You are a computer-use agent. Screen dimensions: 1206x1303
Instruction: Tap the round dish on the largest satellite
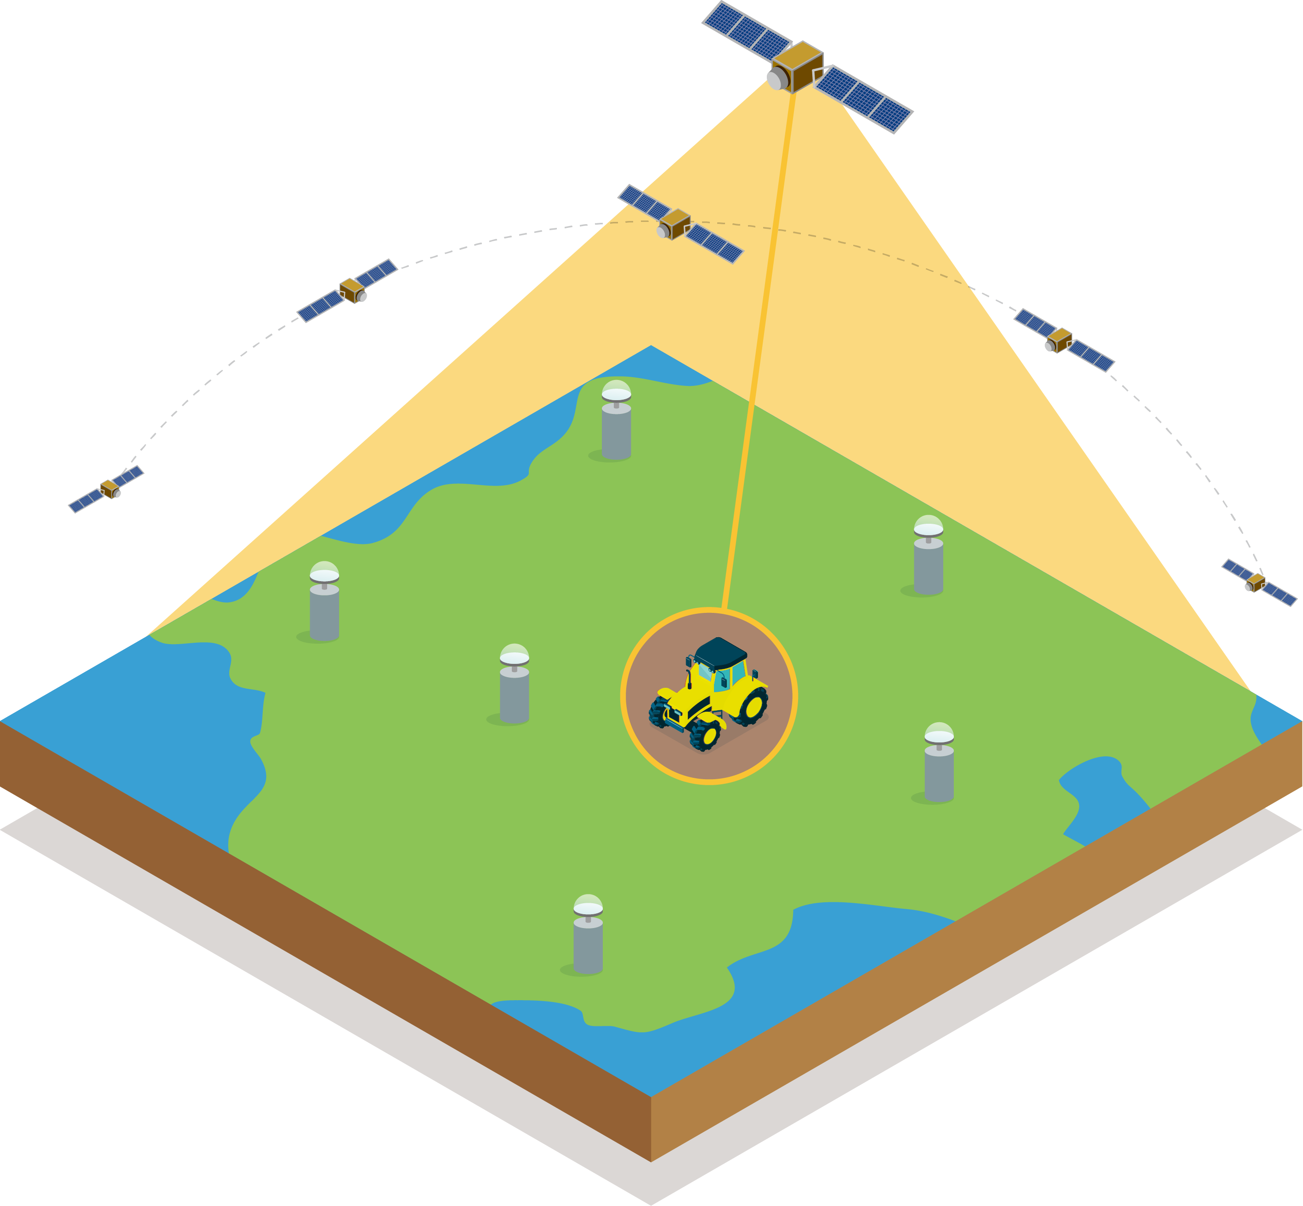tap(776, 79)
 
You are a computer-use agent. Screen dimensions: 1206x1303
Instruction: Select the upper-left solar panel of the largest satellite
tap(747, 30)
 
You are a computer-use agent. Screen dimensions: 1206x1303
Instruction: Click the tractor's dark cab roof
tap(720, 652)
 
